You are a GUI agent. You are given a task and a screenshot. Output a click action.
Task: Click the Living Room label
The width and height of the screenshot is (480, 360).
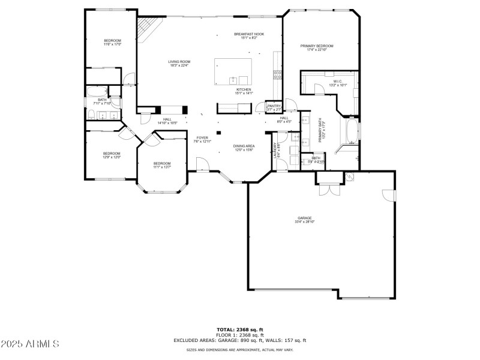click(x=179, y=64)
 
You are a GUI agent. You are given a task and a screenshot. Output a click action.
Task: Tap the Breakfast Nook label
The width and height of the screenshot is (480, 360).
click(x=248, y=36)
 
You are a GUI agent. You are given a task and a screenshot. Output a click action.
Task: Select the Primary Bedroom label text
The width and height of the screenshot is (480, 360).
click(x=317, y=47)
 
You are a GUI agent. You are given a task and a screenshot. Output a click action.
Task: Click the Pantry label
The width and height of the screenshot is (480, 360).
click(x=274, y=108)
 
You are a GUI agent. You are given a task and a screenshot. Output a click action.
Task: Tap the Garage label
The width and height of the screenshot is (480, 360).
click(x=305, y=220)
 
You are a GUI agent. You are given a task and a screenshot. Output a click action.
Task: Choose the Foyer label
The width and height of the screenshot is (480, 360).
click(x=202, y=140)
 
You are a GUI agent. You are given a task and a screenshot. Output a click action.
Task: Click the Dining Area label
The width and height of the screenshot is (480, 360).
click(x=244, y=148)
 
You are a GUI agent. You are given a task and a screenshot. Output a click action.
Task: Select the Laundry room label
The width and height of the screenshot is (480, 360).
click(x=276, y=150)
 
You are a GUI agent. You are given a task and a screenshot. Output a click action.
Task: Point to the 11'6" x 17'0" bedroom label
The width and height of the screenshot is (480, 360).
click(x=112, y=42)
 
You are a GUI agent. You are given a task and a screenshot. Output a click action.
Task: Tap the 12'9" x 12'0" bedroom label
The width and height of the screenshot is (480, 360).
click(x=112, y=155)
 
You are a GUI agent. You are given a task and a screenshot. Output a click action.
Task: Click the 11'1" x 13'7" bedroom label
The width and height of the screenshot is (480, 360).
click(x=161, y=165)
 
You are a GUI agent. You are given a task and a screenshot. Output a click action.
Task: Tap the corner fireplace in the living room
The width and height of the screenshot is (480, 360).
click(x=148, y=27)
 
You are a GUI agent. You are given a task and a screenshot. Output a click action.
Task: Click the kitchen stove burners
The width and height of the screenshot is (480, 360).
click(x=278, y=75)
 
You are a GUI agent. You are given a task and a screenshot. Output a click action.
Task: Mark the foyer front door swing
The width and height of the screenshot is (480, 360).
click(x=202, y=163)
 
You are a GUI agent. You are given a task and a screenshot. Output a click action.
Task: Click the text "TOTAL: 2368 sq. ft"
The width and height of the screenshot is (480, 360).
click(x=240, y=329)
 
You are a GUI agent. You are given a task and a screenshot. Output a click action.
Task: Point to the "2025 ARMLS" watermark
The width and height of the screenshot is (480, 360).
click(x=30, y=344)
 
